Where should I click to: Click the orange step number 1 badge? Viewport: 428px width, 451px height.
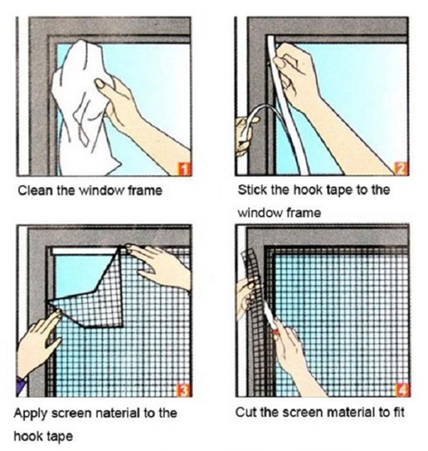tap(184, 170)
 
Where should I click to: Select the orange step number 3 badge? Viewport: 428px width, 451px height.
tap(184, 392)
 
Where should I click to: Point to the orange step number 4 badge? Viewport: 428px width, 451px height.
tap(401, 392)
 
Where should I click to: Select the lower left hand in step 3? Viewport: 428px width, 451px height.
tap(37, 342)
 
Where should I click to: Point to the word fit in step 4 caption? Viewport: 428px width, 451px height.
tap(396, 414)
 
